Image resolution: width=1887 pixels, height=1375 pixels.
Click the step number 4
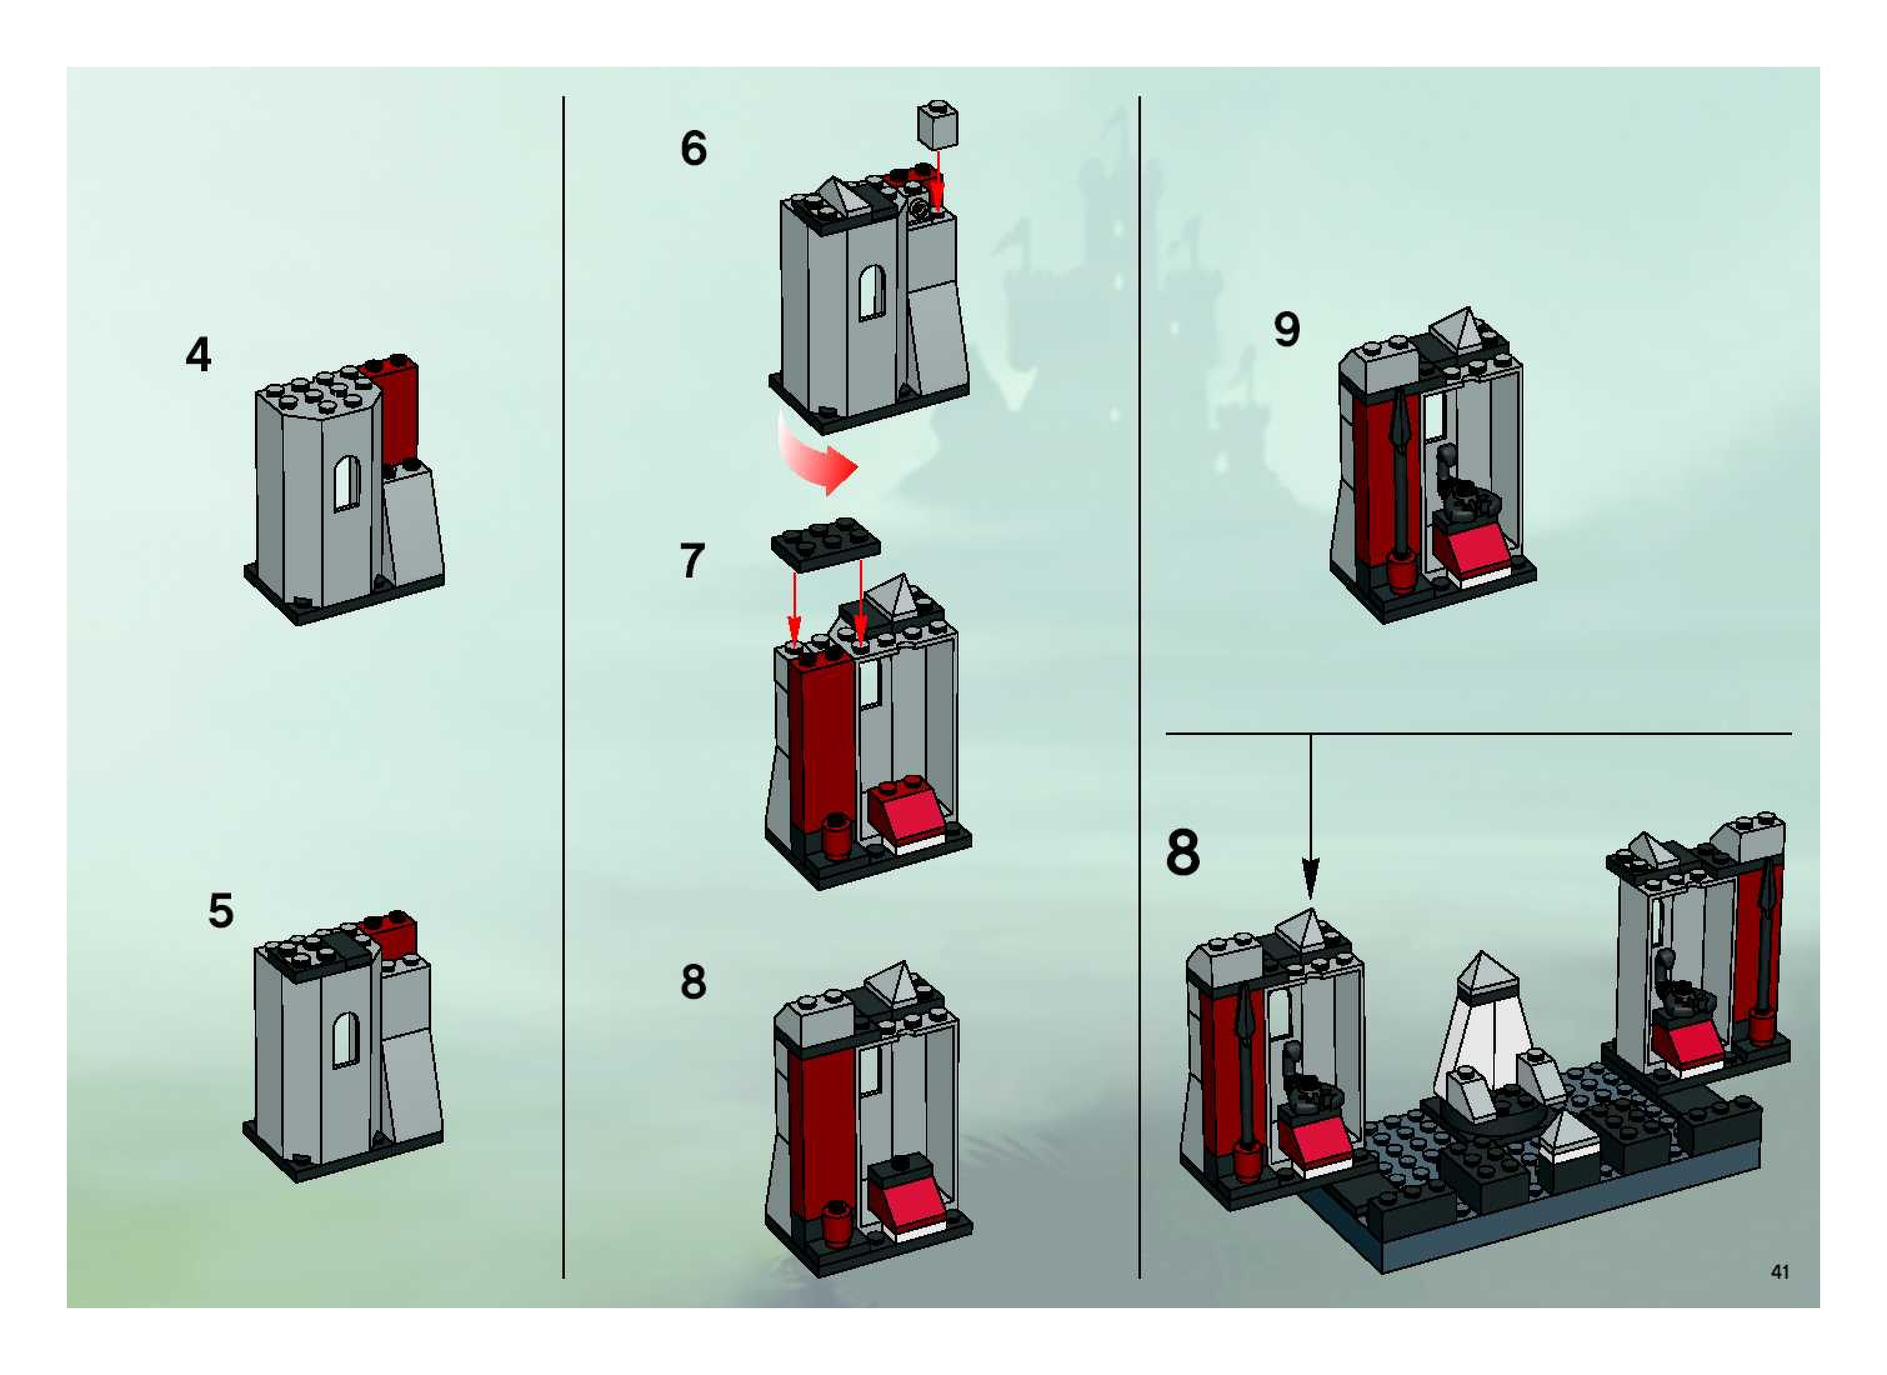198,356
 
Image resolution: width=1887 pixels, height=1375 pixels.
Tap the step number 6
693,149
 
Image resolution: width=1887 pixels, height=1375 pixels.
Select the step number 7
692,561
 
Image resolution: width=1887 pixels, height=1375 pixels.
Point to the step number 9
1287,329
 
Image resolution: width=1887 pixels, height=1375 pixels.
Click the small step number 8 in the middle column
693,982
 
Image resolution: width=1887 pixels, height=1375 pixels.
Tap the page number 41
1780,1271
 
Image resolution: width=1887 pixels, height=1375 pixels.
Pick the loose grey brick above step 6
938,125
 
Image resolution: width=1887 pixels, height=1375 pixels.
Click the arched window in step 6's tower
871,292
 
